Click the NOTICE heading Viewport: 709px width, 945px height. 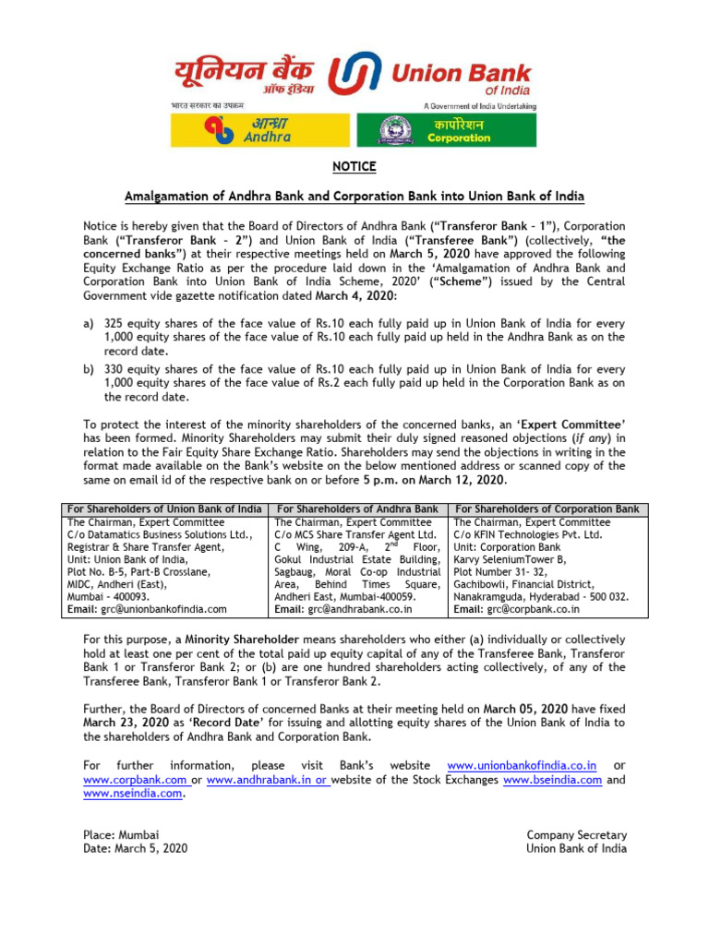(x=354, y=167)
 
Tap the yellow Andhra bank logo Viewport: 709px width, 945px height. (x=260, y=130)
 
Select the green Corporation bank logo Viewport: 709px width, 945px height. (x=446, y=130)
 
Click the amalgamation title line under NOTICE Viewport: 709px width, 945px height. (x=354, y=197)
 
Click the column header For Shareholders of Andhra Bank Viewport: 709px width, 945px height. (x=357, y=509)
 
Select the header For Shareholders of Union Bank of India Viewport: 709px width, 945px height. (x=163, y=509)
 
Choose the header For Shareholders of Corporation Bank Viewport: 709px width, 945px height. (x=547, y=509)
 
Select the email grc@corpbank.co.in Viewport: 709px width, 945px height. (x=534, y=609)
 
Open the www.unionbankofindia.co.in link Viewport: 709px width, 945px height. (x=522, y=766)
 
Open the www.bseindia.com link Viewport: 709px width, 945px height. (x=552, y=780)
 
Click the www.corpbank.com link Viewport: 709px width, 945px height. (x=135, y=780)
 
